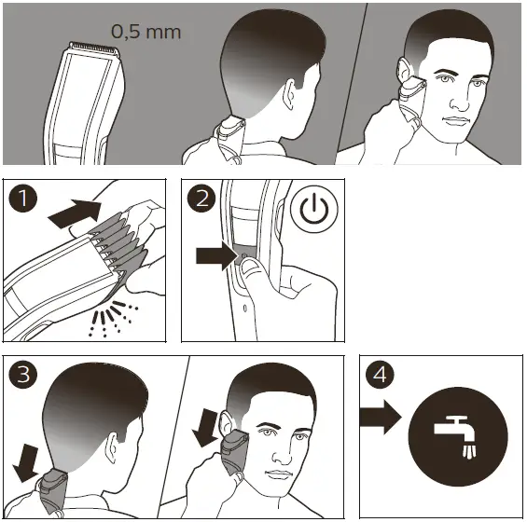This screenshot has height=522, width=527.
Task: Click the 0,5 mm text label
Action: coord(146,31)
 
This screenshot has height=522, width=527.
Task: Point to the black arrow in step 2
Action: coord(217,256)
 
